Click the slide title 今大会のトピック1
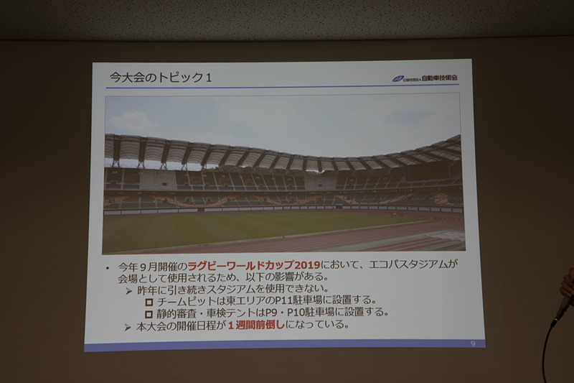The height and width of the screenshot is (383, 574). [x=159, y=75]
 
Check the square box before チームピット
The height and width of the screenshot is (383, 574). [x=149, y=301]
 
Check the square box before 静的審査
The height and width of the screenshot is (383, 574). [x=149, y=314]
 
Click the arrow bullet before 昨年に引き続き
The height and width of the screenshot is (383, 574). [x=128, y=289]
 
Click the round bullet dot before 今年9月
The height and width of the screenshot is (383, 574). [x=106, y=267]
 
